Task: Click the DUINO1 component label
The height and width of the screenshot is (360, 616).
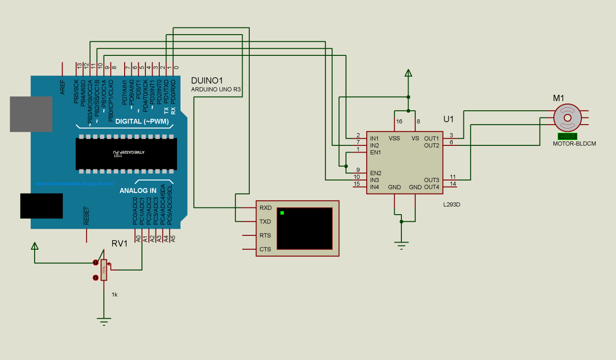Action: (207, 80)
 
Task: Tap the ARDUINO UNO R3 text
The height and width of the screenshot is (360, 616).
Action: (216, 90)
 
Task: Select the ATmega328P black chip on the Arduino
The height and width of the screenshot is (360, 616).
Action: (126, 154)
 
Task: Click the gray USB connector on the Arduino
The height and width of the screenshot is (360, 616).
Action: (31, 114)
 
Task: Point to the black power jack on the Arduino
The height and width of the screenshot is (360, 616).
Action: (41, 206)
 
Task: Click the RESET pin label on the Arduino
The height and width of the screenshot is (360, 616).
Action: (87, 216)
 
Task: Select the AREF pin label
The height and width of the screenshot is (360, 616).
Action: (62, 87)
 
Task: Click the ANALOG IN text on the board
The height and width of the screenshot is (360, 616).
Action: (138, 191)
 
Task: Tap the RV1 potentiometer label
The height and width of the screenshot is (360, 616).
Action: (119, 244)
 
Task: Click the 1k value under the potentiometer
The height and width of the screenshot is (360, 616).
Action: (114, 294)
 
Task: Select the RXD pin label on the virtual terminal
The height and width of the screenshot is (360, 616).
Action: (265, 208)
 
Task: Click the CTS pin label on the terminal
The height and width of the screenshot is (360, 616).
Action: (265, 249)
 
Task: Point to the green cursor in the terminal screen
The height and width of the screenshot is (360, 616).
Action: (282, 213)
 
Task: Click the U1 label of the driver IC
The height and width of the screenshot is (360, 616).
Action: (448, 118)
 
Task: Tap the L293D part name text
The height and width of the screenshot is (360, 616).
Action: (451, 205)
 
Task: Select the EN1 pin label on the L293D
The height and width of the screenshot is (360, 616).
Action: (375, 153)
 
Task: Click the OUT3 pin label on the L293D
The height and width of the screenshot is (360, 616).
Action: (431, 180)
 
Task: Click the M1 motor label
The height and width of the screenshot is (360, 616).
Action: (558, 98)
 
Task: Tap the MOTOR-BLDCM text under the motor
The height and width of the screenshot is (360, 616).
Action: (574, 143)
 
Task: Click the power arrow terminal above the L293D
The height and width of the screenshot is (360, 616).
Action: (408, 73)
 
